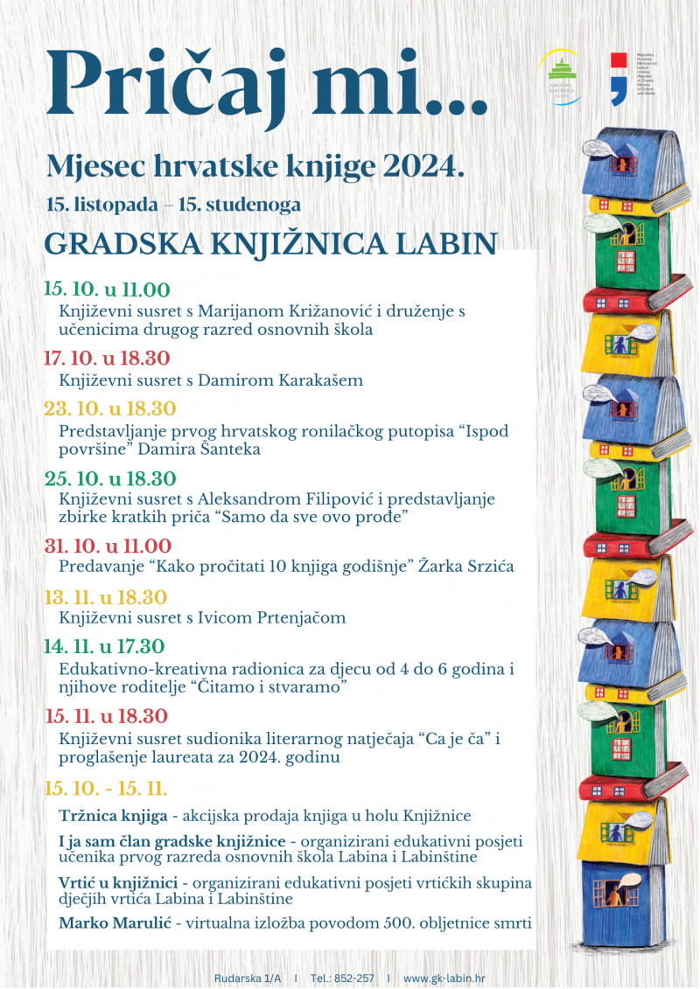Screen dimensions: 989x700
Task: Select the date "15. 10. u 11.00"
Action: point(107,290)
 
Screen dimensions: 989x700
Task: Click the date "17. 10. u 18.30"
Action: point(107,359)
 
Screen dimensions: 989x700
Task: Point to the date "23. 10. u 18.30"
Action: point(110,409)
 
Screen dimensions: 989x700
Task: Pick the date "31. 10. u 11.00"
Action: point(108,547)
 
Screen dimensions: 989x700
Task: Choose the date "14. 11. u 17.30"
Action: point(104,647)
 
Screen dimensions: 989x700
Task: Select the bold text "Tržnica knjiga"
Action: point(113,816)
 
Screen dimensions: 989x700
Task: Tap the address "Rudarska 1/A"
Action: point(248,977)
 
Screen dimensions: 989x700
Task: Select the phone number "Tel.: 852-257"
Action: point(343,977)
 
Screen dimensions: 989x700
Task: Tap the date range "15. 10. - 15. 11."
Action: point(105,788)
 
